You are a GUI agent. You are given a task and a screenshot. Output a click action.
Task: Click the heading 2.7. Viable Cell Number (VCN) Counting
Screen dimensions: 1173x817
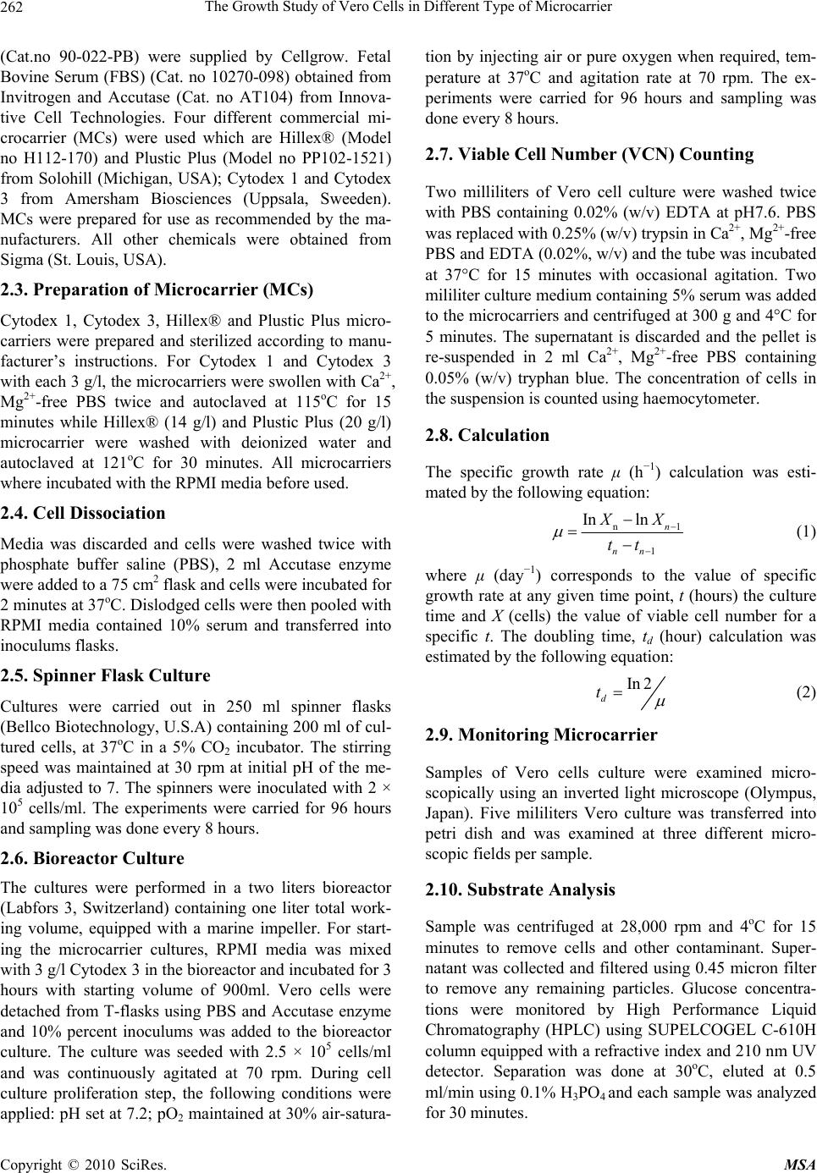point(589,154)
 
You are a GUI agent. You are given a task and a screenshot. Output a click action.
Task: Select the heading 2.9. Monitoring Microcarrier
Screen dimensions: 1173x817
point(540,735)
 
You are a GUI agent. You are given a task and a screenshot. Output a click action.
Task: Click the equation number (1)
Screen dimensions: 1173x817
point(804,531)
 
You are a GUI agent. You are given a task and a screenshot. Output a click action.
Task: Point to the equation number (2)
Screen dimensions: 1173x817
point(804,691)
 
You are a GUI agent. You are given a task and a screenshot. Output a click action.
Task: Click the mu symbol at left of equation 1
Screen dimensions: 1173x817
point(556,532)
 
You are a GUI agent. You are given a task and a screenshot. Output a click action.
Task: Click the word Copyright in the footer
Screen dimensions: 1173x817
point(31,1164)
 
